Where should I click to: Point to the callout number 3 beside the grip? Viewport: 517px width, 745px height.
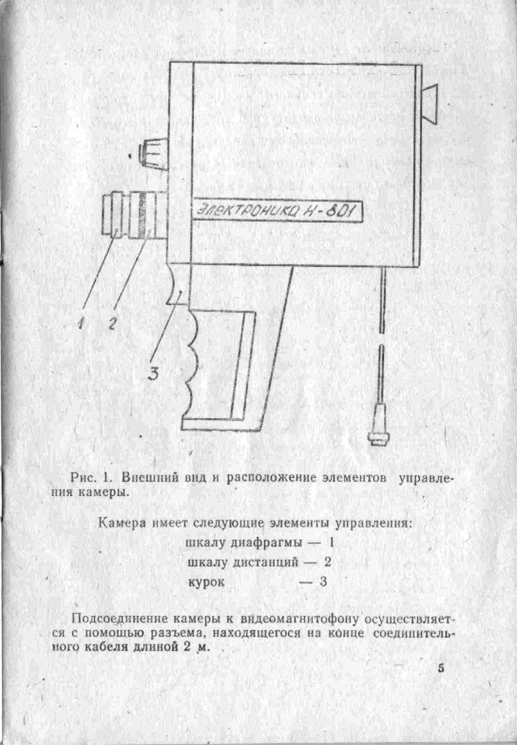click(153, 373)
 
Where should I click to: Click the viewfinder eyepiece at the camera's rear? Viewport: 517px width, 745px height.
click(430, 105)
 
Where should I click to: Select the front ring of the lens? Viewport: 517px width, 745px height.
click(112, 213)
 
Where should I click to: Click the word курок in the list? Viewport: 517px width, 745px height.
click(206, 582)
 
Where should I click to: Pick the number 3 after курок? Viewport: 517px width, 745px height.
click(323, 582)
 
